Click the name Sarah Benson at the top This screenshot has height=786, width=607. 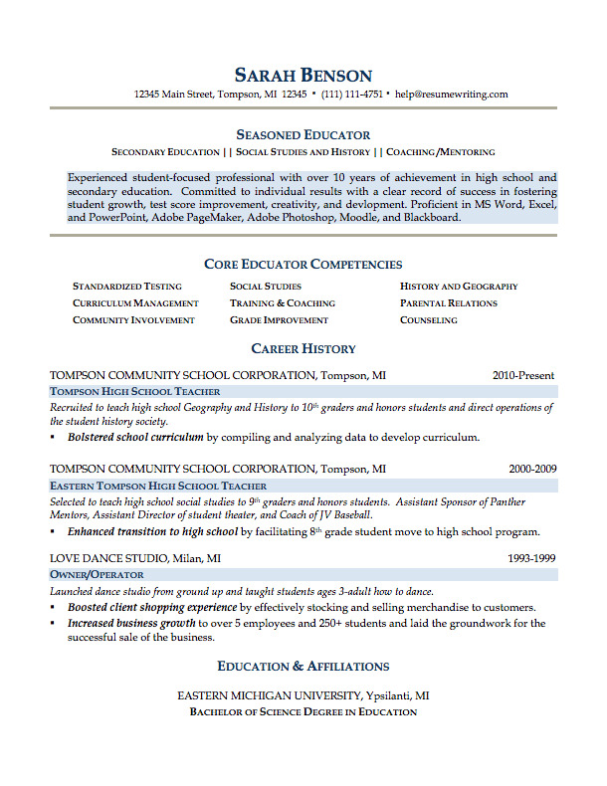pyautogui.click(x=303, y=75)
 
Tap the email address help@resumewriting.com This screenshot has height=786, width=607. pyautogui.click(x=451, y=95)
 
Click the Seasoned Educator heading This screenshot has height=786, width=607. pyautogui.click(x=303, y=134)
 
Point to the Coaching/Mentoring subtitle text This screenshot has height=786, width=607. pyautogui.click(x=440, y=152)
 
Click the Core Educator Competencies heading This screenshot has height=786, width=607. pyautogui.click(x=303, y=265)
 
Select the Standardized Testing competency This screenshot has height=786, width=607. pyautogui.click(x=127, y=287)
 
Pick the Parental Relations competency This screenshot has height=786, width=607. pyautogui.click(x=448, y=303)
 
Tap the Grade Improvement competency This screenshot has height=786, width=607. pyautogui.click(x=279, y=320)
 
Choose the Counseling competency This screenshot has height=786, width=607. pyautogui.click(x=429, y=320)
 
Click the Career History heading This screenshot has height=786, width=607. pyautogui.click(x=303, y=349)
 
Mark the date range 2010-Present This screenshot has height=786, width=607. pyautogui.click(x=523, y=376)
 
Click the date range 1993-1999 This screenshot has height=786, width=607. pyautogui.click(x=532, y=558)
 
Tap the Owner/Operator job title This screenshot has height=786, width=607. pyautogui.click(x=97, y=575)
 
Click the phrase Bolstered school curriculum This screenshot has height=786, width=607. pyautogui.click(x=135, y=437)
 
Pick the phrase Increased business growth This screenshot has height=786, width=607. pyautogui.click(x=131, y=624)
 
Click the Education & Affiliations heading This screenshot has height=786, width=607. pyautogui.click(x=303, y=666)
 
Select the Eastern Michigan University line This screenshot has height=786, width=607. pyautogui.click(x=303, y=695)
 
